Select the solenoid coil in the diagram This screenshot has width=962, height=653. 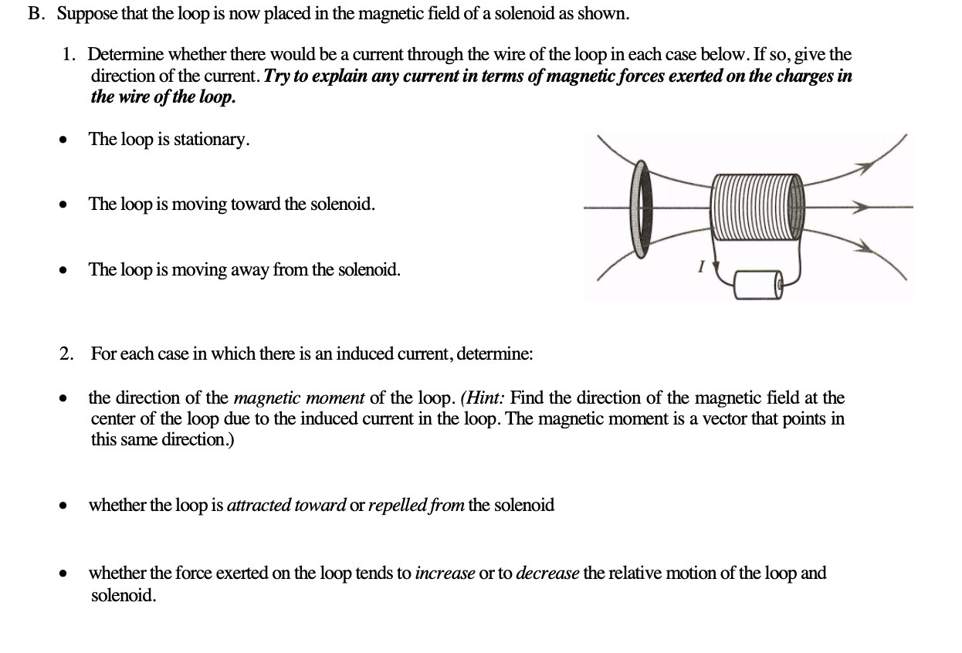(757, 207)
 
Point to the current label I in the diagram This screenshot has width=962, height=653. (700, 267)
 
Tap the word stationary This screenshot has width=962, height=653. (211, 140)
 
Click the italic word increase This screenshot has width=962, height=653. (445, 573)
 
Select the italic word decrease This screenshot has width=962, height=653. (547, 573)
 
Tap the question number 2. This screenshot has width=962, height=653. (67, 354)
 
